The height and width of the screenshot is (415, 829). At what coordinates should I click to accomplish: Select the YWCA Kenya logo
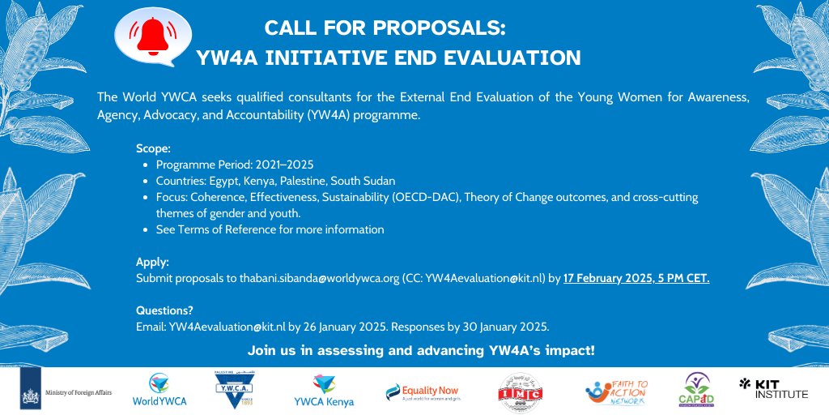click(x=324, y=390)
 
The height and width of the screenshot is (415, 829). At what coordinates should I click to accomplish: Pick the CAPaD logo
click(x=695, y=390)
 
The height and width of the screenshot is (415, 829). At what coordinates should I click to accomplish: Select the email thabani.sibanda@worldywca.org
click(x=319, y=278)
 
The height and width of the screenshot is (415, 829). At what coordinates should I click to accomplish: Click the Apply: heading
click(x=153, y=263)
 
